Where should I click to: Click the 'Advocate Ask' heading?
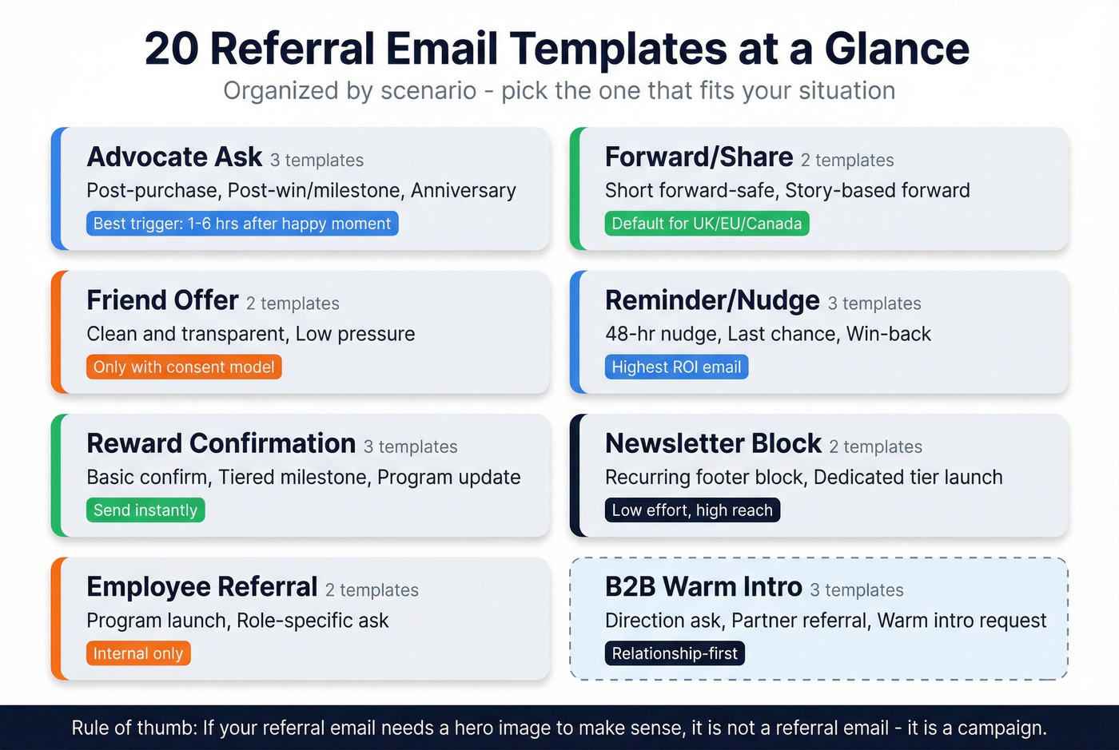pos(174,157)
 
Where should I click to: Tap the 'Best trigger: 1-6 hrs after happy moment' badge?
pos(242,224)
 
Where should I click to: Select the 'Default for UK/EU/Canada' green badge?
pos(707,224)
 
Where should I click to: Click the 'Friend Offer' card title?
pos(162,300)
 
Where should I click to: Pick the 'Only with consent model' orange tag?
pos(184,367)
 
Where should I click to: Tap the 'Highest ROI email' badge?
pos(676,367)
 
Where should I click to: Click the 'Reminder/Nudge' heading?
pos(712,300)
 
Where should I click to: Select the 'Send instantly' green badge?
pos(145,510)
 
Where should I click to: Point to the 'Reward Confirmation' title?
pos(221,443)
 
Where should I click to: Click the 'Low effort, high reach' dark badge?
pos(692,510)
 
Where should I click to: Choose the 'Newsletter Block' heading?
pos(713,443)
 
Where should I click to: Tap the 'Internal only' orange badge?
pos(138,653)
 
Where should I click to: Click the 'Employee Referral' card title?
pos(201,587)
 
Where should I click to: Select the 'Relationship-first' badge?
pos(675,653)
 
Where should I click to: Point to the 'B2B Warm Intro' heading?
pos(703,587)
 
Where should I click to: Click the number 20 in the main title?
pos(172,49)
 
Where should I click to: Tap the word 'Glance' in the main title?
pos(897,49)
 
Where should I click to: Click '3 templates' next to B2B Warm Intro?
pos(856,590)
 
